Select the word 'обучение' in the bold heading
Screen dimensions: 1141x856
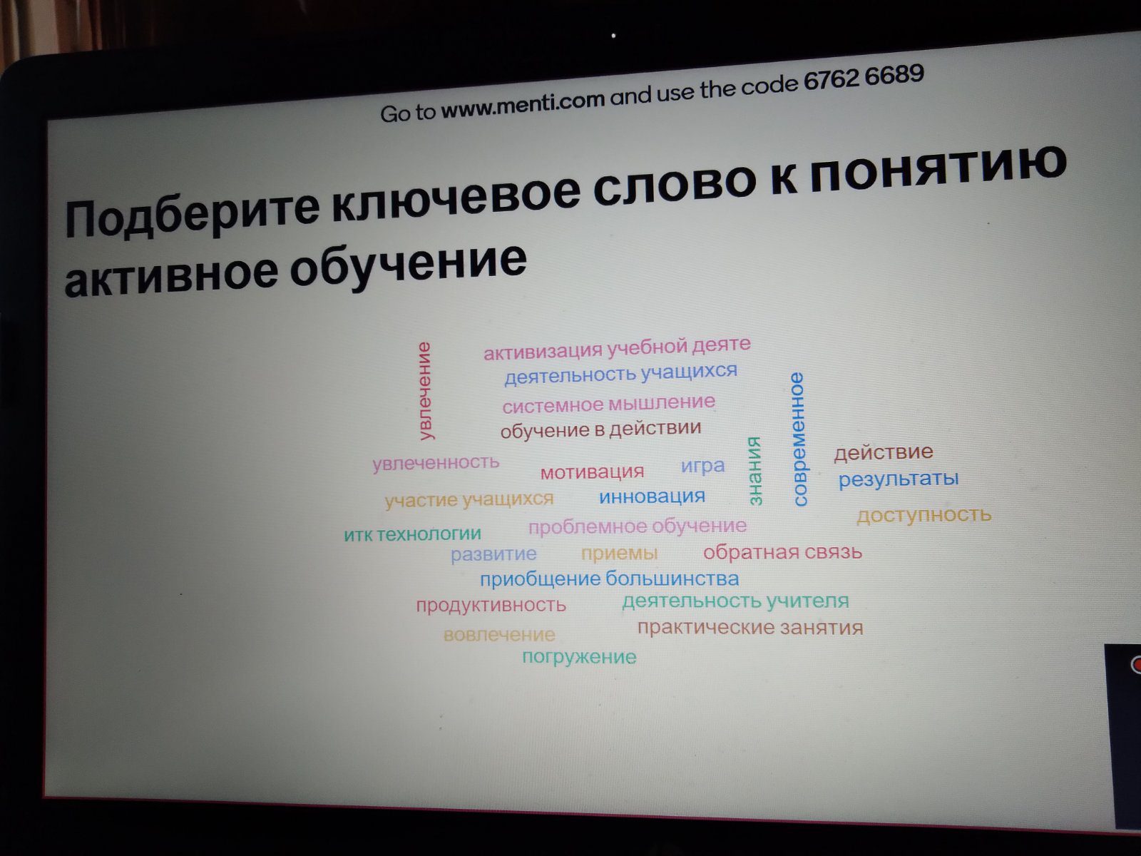(408, 263)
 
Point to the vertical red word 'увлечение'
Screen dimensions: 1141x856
(425, 391)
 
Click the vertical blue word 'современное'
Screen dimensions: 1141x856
(798, 439)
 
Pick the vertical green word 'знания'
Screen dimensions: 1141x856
(754, 471)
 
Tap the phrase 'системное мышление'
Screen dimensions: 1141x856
(609, 403)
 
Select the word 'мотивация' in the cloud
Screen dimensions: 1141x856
(592, 472)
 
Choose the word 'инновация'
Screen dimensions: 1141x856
(652, 496)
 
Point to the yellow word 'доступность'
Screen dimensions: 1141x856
(923, 516)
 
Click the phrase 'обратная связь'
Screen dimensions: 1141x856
(782, 552)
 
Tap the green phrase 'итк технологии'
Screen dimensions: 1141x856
(412, 534)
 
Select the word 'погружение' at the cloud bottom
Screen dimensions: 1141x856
(579, 658)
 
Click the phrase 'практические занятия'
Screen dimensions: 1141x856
(750, 628)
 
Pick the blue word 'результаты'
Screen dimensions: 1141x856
(899, 479)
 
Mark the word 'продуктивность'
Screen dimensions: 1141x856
(491, 605)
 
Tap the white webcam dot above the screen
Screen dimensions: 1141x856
(614, 36)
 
